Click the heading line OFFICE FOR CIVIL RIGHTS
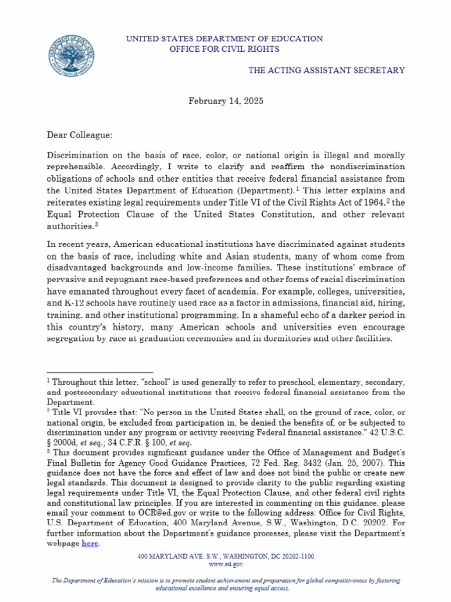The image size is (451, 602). pyautogui.click(x=224, y=49)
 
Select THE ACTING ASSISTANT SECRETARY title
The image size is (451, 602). pyautogui.click(x=327, y=70)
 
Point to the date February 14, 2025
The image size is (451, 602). pyautogui.click(x=225, y=101)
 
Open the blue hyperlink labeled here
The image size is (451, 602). pyautogui.click(x=90, y=544)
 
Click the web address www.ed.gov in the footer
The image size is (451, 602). pyautogui.click(x=225, y=564)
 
